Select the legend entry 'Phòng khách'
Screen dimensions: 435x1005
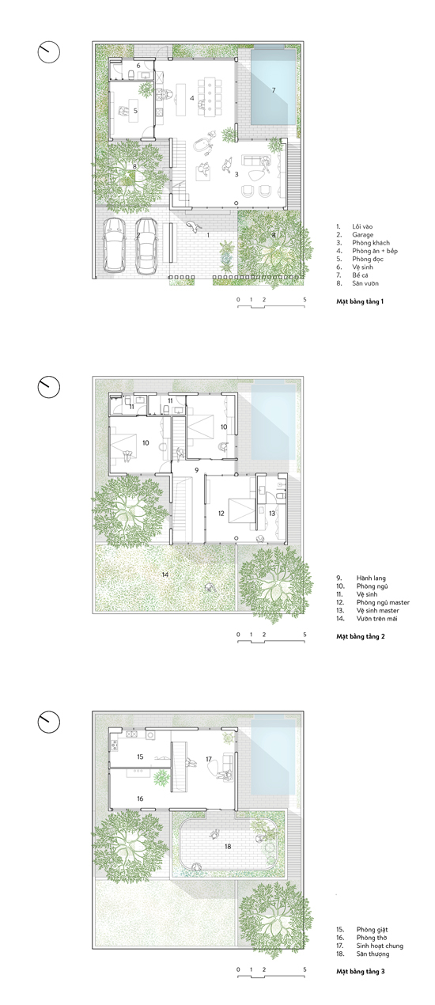pos(371,243)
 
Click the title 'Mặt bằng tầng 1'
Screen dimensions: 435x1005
pos(360,301)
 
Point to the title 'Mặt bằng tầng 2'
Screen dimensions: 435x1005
pos(361,636)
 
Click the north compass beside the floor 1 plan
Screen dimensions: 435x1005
pos(48,52)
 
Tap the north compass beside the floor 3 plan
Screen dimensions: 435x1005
pos(48,722)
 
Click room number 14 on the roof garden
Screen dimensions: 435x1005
pos(165,575)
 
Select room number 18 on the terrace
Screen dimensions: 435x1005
pos(228,846)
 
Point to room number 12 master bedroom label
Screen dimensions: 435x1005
pos(221,514)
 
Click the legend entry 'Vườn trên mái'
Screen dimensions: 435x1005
pos(376,619)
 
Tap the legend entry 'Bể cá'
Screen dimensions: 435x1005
pos(360,275)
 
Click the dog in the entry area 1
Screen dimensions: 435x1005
pos(193,226)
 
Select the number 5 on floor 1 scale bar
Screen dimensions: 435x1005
pos(304,299)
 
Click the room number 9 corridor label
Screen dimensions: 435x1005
pos(196,470)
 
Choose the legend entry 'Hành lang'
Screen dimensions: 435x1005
pos(371,578)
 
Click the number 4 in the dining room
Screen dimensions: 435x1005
pos(192,98)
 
